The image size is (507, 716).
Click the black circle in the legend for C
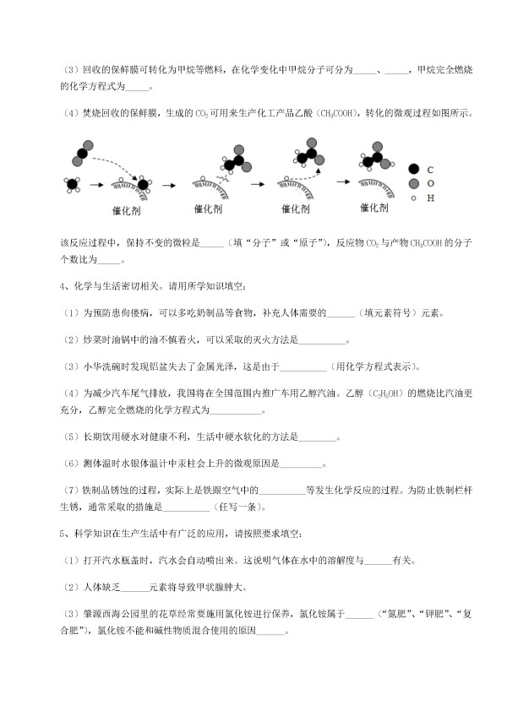tap(412, 169)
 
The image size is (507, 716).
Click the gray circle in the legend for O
tap(412, 183)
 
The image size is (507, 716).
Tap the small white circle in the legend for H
tap(412, 198)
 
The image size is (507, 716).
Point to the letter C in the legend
tap(432, 169)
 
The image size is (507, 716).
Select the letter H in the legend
tap(432, 198)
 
